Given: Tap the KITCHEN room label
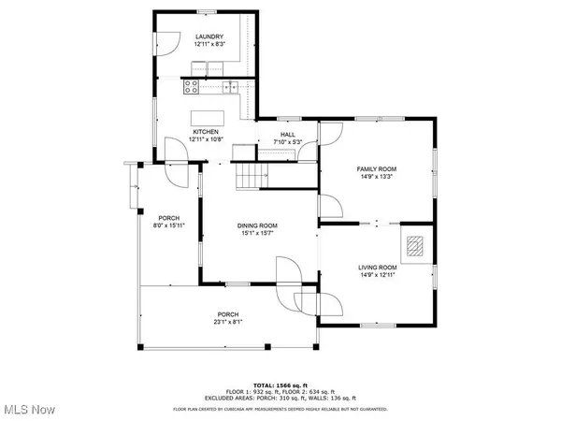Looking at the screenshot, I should (x=206, y=132).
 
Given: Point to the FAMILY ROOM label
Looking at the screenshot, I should (x=377, y=168).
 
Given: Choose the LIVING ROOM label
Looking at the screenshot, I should (x=377, y=268).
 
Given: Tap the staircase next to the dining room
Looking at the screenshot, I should (x=250, y=175).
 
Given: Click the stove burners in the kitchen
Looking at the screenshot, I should (x=193, y=88).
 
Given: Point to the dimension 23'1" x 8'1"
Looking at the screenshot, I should (x=227, y=322).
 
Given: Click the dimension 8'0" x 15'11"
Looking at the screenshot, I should (x=168, y=225).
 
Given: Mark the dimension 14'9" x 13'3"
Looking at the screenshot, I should (x=377, y=176).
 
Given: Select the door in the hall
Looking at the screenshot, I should (x=329, y=136).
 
